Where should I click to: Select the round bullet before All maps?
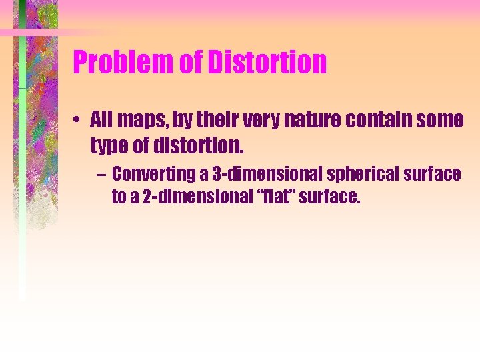coord(78,121)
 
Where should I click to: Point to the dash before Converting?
coord(99,175)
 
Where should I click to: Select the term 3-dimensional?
coord(247,174)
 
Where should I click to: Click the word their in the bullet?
coord(186,121)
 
